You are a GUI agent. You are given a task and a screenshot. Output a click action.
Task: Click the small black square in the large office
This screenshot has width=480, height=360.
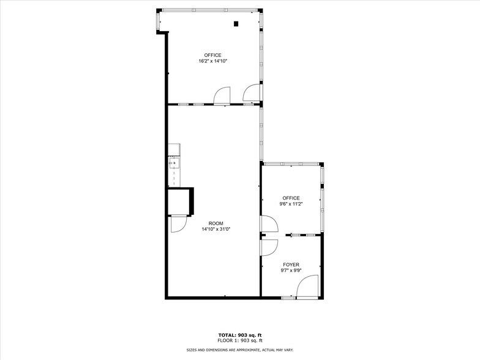point(236,24)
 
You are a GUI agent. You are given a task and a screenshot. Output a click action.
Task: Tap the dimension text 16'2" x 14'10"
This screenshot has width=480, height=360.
point(212,61)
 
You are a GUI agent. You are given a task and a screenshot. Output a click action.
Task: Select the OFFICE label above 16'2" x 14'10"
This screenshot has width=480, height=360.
point(212,55)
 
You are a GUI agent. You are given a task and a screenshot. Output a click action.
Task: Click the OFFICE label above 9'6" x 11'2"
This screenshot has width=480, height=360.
point(291,198)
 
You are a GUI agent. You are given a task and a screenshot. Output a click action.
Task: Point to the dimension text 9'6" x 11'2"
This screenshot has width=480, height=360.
point(291,204)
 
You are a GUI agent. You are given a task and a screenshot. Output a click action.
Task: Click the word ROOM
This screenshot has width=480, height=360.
point(216,223)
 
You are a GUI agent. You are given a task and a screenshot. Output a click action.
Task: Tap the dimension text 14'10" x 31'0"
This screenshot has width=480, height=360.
point(216,229)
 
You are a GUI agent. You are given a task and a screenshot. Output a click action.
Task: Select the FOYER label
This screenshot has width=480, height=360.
point(291,264)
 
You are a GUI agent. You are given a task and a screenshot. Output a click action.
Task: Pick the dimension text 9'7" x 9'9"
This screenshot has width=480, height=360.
point(291,270)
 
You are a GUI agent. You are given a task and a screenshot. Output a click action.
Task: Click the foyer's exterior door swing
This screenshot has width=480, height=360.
point(310,287)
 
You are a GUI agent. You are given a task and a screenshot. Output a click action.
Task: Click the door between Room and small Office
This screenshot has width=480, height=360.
point(268,224)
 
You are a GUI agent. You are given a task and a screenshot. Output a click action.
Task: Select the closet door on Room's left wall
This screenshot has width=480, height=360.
point(178,224)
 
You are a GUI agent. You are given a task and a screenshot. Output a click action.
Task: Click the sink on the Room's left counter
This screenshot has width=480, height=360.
point(173,163)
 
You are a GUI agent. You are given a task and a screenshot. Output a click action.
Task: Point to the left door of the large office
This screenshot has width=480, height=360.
point(222,95)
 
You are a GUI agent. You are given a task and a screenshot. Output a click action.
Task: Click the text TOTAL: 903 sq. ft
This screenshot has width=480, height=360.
point(240,335)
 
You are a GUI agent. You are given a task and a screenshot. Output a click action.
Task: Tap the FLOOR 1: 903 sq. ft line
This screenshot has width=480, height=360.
point(240,340)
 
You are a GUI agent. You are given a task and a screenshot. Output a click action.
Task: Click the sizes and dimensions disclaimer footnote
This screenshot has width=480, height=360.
point(240,350)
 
